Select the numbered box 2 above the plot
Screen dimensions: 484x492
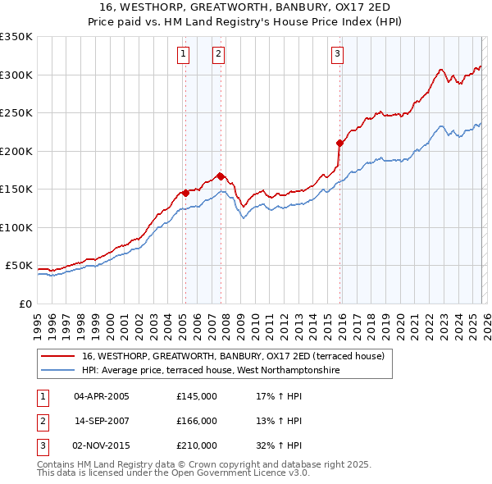pyautogui.click(x=219, y=55)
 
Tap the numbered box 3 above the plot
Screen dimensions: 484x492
pyautogui.click(x=337, y=55)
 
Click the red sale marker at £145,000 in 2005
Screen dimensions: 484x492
pyautogui.click(x=185, y=193)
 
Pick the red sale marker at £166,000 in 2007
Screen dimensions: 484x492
pyautogui.click(x=221, y=176)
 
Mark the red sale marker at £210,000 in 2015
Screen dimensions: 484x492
pyautogui.click(x=339, y=143)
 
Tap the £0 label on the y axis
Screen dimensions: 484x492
pyautogui.click(x=24, y=304)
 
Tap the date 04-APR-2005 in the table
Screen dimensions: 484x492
pyautogui.click(x=101, y=396)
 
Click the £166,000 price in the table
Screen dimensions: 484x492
pyautogui.click(x=197, y=421)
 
